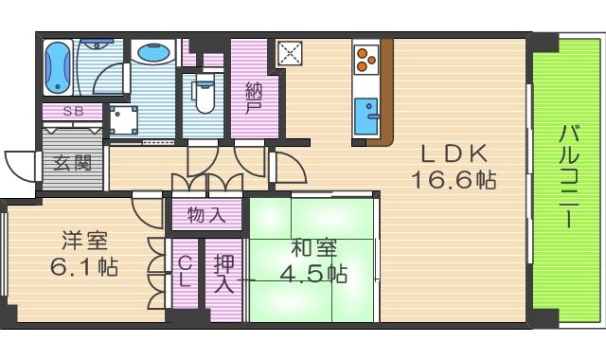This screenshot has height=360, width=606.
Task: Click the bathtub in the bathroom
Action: coord(59,67)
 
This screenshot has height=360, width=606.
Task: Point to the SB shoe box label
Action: coord(73,111)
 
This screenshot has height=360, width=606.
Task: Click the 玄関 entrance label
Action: coord(72,162)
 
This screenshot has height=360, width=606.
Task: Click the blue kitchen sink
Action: coord(365,117)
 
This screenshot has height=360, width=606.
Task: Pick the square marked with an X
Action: coord(289,53)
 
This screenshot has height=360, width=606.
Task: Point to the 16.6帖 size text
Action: coord(454,180)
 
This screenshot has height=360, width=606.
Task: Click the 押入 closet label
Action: coord(224,274)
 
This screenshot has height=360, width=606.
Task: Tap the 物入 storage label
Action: coord(206,214)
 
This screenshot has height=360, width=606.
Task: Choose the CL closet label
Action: coord(186,272)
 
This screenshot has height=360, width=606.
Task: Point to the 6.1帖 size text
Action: coord(84,267)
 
